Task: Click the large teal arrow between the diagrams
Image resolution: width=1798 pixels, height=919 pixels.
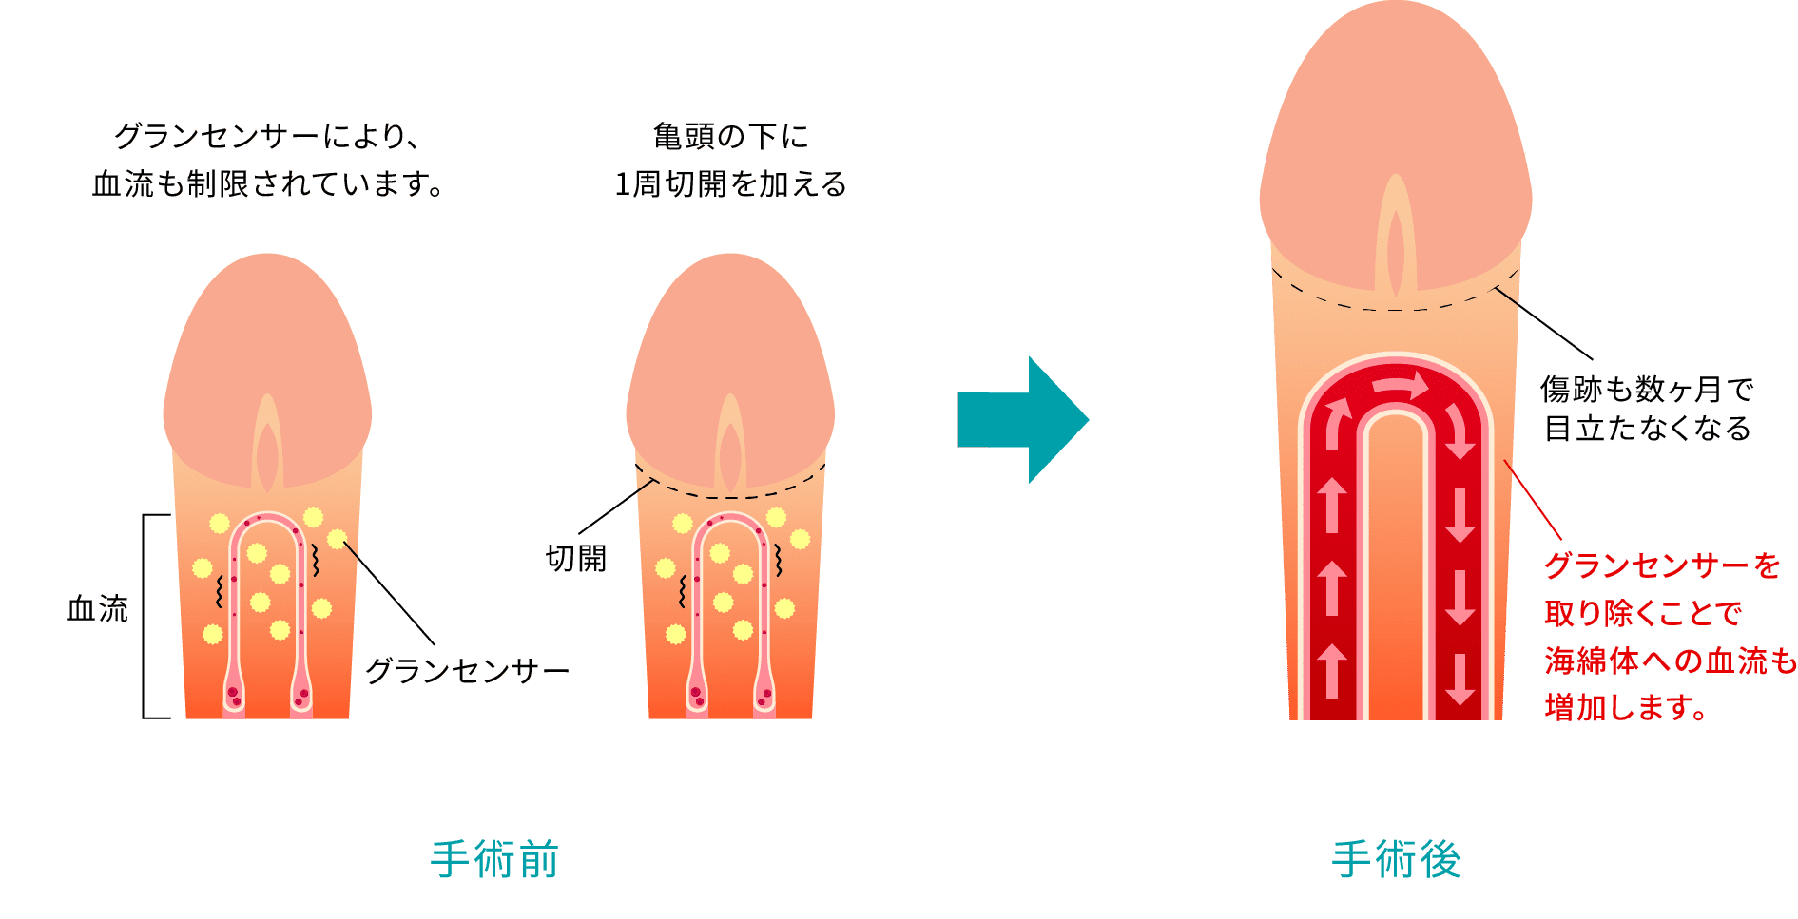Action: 1023,420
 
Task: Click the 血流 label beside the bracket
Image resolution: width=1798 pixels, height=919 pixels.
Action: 97,608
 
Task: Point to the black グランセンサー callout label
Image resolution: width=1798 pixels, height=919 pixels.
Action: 467,671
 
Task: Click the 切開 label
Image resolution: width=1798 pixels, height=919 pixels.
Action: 576,558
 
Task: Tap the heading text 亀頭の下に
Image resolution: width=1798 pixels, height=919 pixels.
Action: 730,137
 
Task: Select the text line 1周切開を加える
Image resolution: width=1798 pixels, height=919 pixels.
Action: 730,184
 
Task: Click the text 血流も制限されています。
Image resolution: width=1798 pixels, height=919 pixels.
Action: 269,184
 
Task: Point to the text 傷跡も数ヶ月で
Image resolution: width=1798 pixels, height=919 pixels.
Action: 1647,389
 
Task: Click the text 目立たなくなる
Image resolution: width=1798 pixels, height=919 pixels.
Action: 1647,429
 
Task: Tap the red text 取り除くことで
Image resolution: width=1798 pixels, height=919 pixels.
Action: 1643,613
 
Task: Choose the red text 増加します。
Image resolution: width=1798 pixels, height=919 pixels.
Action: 1627,707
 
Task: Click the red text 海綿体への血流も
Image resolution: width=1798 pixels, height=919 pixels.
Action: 1671,661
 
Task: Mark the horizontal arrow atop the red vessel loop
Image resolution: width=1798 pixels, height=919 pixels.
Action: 1401,385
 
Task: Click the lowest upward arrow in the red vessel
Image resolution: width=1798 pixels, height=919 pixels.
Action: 1332,671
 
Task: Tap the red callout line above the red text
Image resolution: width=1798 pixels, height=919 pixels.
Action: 1533,500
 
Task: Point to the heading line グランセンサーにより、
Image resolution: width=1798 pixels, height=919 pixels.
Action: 267,137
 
